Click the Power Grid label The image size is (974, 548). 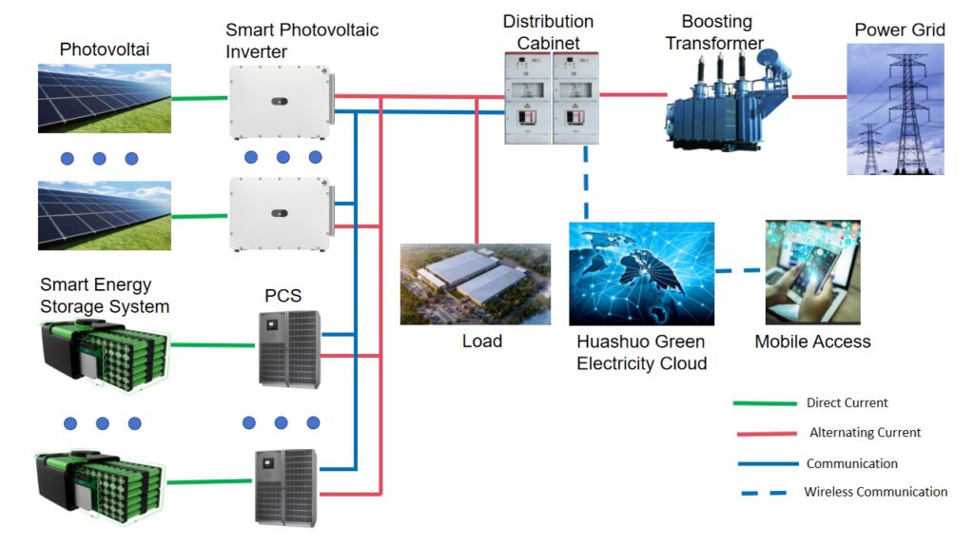[899, 29]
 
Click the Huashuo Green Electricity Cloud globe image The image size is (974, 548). [641, 274]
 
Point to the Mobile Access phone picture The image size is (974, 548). [812, 272]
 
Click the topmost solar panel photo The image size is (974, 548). [105, 98]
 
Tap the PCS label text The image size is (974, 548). [282, 295]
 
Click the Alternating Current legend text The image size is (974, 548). [865, 433]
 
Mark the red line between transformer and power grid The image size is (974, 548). [819, 96]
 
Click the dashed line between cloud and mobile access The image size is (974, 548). [739, 271]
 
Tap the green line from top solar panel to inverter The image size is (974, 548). [200, 97]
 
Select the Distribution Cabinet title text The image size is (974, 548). [548, 31]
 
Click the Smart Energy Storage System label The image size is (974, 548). [105, 296]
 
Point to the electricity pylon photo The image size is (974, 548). [895, 108]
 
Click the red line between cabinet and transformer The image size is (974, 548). [633, 94]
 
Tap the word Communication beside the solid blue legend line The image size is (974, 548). [851, 463]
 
